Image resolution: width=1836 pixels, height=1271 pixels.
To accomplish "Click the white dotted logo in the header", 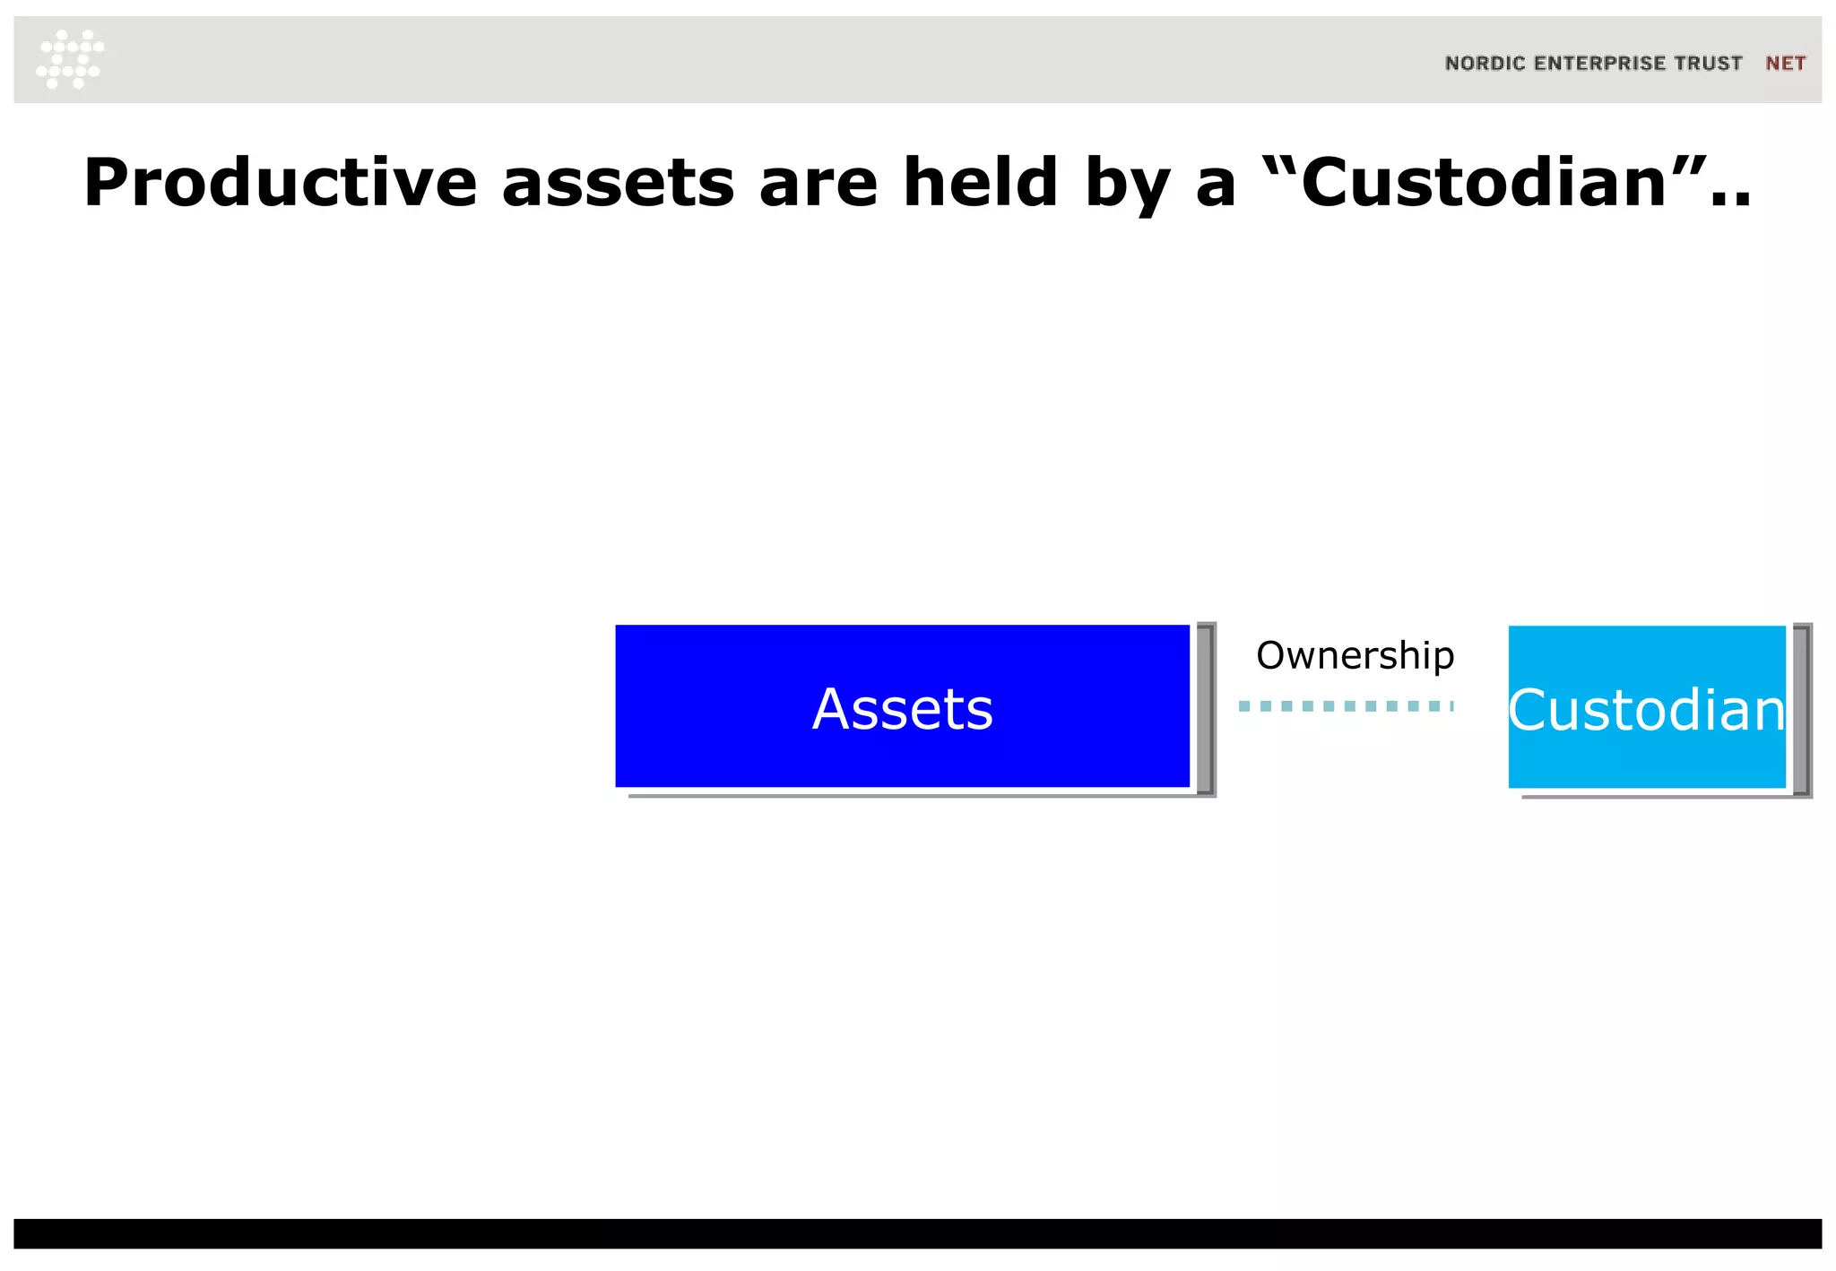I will pyautogui.click(x=70, y=59).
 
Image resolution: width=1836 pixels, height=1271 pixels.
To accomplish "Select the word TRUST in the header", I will pyautogui.click(x=1709, y=64).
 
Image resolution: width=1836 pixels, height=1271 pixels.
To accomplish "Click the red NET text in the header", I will pyautogui.click(x=1785, y=64).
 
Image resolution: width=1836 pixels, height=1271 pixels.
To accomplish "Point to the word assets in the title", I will pyautogui.click(x=618, y=183).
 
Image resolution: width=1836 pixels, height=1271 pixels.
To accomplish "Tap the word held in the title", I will pyautogui.click(x=981, y=183).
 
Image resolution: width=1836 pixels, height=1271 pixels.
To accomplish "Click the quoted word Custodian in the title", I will pyautogui.click(x=1483, y=183).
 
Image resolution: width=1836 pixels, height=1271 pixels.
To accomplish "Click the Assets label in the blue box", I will pyautogui.click(x=902, y=709).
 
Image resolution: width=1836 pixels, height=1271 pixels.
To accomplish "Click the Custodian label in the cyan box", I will pyautogui.click(x=1647, y=711).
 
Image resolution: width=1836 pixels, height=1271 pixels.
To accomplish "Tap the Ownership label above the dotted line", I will pyautogui.click(x=1355, y=655).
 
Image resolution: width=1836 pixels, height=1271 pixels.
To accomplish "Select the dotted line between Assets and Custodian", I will pyautogui.click(x=1345, y=706).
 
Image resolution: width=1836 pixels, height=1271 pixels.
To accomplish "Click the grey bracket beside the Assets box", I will pyautogui.click(x=1207, y=708).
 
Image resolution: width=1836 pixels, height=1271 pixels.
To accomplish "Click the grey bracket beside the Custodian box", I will pyautogui.click(x=1802, y=710).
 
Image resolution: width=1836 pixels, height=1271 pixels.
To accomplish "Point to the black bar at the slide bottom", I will pyautogui.click(x=918, y=1233).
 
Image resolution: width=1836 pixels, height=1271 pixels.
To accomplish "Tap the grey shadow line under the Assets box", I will pyautogui.click(x=914, y=795).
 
